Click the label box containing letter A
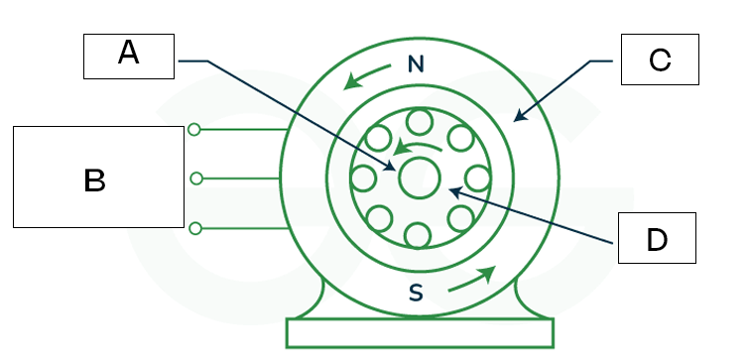[x=129, y=56]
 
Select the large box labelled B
[x=98, y=178]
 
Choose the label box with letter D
[x=658, y=238]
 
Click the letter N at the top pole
[x=417, y=65]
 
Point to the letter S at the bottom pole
[x=417, y=292]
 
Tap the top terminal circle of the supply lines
[x=194, y=129]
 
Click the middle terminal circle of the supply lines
[x=195, y=179]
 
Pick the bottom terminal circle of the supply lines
[x=195, y=228]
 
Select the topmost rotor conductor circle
[x=418, y=122]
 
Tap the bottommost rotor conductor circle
[x=418, y=235]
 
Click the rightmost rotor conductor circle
[x=477, y=179]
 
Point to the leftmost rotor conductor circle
[x=363, y=180]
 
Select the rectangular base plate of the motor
[x=420, y=333]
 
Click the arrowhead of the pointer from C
[x=517, y=119]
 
